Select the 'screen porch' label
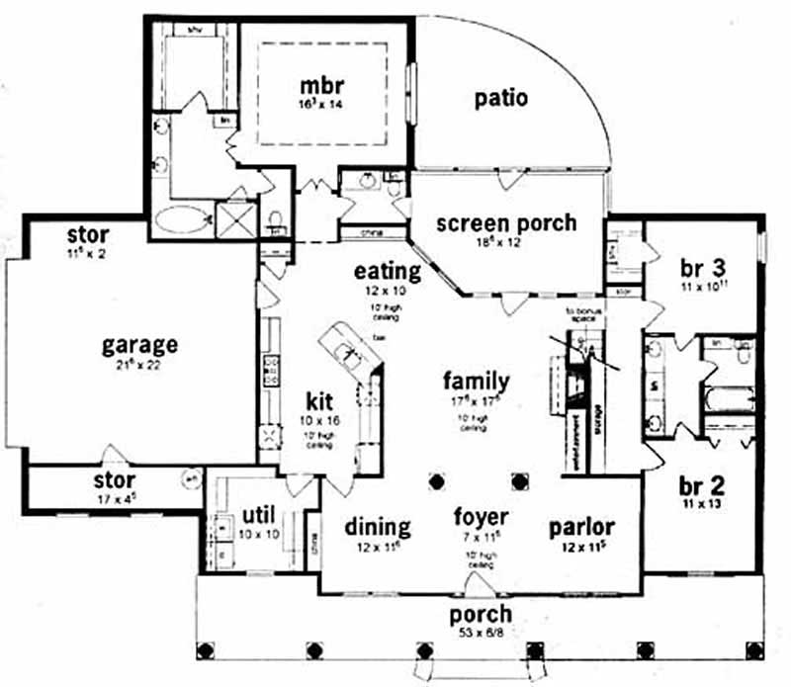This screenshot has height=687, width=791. point(506,222)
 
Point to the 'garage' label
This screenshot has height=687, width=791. point(140,345)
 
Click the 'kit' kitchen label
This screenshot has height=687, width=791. point(317,401)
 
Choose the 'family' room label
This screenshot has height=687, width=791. point(476,380)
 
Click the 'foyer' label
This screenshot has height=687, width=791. point(481,517)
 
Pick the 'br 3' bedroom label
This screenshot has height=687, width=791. point(704,268)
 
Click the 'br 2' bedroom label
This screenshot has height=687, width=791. point(704,485)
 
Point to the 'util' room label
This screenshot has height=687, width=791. point(257,515)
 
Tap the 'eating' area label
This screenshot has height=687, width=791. point(389,271)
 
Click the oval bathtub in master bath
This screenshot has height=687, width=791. point(183,216)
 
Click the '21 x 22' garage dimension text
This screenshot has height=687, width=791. point(139,366)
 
